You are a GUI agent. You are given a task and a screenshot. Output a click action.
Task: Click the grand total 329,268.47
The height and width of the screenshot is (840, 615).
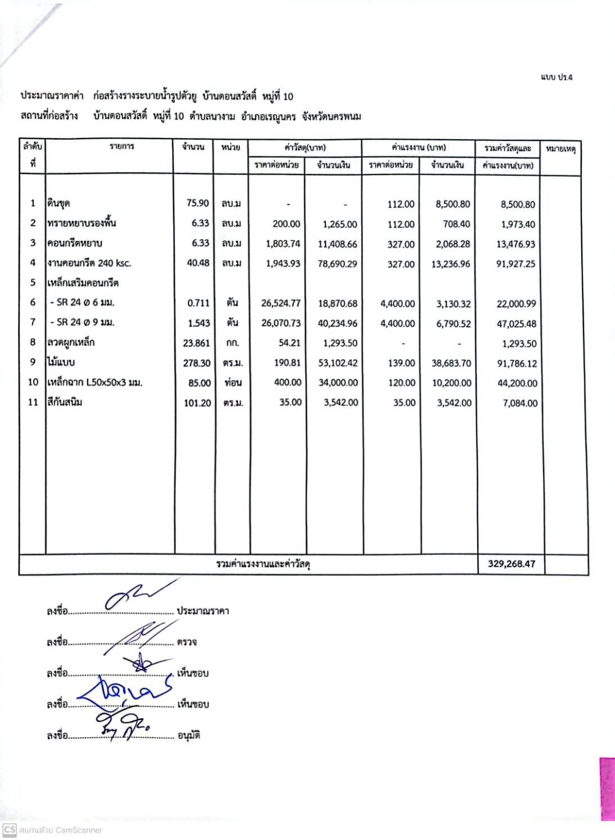(511, 564)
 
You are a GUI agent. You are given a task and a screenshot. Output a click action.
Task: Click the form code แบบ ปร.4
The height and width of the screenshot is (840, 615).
(556, 77)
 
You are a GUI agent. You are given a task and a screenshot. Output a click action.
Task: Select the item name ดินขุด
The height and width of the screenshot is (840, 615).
(58, 203)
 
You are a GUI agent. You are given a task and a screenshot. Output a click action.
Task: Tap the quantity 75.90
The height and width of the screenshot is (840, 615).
(197, 203)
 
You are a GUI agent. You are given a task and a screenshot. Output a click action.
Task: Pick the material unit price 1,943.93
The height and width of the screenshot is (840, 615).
(283, 264)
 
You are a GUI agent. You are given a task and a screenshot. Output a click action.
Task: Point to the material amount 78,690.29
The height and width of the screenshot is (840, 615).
(337, 264)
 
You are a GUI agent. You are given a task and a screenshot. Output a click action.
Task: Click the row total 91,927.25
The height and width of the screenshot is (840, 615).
(515, 264)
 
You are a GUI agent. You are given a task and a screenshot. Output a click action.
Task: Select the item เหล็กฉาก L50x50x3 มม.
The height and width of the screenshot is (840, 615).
(95, 383)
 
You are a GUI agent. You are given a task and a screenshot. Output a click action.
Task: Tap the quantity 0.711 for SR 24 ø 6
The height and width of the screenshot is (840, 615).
(198, 303)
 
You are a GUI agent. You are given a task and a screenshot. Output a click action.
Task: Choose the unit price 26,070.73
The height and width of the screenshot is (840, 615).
(281, 323)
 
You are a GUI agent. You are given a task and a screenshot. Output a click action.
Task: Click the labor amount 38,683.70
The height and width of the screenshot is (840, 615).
(451, 363)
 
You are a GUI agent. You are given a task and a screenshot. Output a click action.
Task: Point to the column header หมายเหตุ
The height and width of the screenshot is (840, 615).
(560, 149)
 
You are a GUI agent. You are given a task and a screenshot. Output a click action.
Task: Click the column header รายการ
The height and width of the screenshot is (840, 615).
(122, 147)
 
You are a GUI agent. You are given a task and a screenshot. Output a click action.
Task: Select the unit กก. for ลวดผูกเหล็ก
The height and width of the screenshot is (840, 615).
(232, 343)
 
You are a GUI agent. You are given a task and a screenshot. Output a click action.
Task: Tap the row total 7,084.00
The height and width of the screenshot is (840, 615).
(520, 403)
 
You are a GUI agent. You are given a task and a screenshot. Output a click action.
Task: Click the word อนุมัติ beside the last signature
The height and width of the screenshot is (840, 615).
(189, 736)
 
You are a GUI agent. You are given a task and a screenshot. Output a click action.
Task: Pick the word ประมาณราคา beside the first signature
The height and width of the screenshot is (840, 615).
(203, 611)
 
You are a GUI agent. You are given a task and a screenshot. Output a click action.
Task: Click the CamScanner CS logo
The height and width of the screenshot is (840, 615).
(10, 829)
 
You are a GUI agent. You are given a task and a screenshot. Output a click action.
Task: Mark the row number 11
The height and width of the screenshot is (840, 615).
(33, 403)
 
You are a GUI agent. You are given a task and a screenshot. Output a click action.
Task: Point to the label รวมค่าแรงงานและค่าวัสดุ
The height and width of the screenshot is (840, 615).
(264, 564)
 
